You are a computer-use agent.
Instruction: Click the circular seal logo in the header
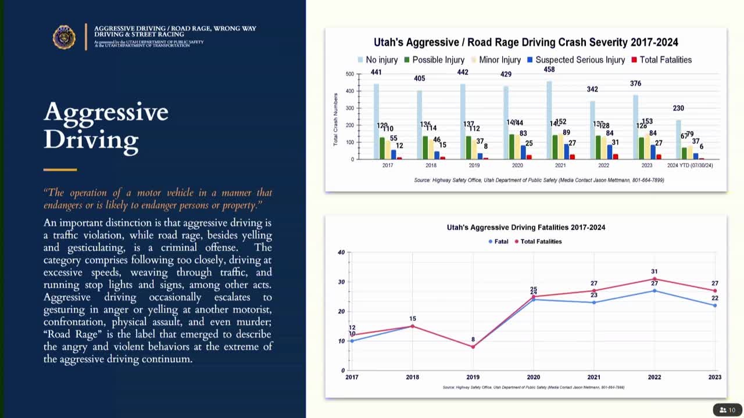click(64, 37)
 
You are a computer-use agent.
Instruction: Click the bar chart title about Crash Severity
click(525, 42)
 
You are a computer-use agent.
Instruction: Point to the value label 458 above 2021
click(549, 70)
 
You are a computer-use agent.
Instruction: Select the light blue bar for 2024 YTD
click(678, 139)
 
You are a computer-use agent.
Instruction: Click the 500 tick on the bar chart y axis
click(349, 74)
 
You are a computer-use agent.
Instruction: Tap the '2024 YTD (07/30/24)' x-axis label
click(690, 165)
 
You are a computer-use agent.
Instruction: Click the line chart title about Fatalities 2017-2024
click(525, 228)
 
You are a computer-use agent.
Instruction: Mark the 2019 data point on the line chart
click(473, 347)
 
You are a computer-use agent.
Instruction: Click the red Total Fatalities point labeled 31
click(654, 279)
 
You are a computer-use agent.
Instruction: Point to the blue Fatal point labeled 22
click(715, 305)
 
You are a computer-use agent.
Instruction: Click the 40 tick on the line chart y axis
click(341, 253)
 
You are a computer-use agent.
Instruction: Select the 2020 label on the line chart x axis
click(533, 377)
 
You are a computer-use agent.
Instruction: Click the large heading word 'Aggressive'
click(106, 111)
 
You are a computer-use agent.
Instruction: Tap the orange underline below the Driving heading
click(60, 170)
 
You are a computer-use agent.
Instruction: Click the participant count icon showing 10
click(727, 410)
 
